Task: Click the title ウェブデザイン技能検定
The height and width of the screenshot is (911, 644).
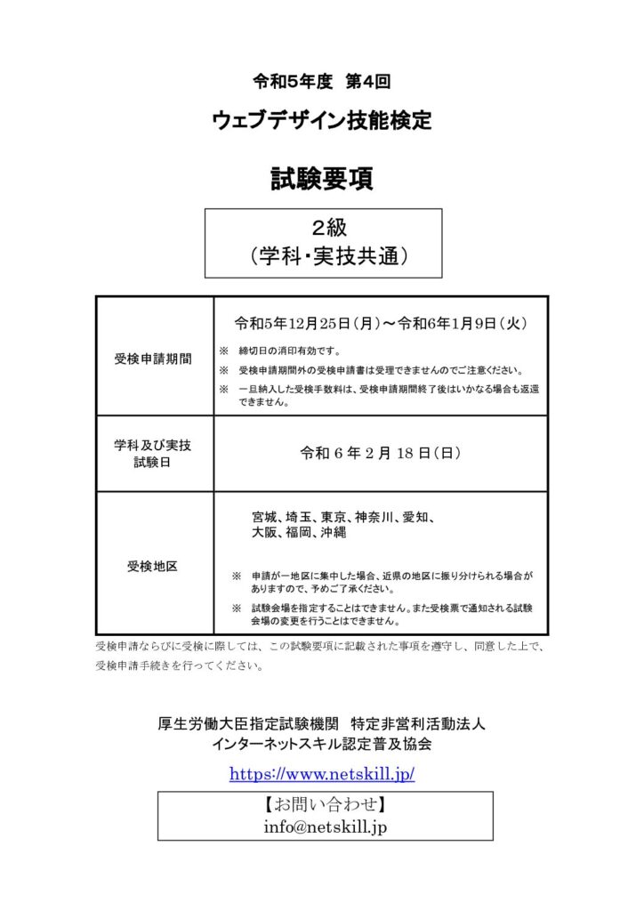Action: [x=322, y=121]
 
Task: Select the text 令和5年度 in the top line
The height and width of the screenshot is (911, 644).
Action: [x=293, y=81]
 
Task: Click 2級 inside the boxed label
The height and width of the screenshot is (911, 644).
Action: [x=324, y=227]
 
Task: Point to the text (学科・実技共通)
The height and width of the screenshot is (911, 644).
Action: [x=324, y=256]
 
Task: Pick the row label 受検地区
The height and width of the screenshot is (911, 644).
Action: [x=152, y=565]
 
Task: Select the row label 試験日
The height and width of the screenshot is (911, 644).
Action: [x=152, y=462]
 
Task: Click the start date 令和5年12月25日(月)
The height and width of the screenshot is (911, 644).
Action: [x=296, y=325]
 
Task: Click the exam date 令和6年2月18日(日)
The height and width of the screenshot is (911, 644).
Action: [x=380, y=453]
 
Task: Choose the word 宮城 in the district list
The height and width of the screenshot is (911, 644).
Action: [x=264, y=517]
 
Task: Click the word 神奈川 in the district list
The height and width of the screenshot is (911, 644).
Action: [x=374, y=517]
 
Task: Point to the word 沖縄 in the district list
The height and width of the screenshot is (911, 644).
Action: [x=334, y=533]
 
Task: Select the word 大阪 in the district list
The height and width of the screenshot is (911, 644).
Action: [x=264, y=533]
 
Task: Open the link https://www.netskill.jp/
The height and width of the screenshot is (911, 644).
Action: [x=322, y=773]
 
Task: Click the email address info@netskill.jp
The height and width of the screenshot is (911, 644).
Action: [x=325, y=826]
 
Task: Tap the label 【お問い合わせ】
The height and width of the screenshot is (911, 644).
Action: [x=325, y=805]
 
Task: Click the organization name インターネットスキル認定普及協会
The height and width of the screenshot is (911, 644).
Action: [x=322, y=744]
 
